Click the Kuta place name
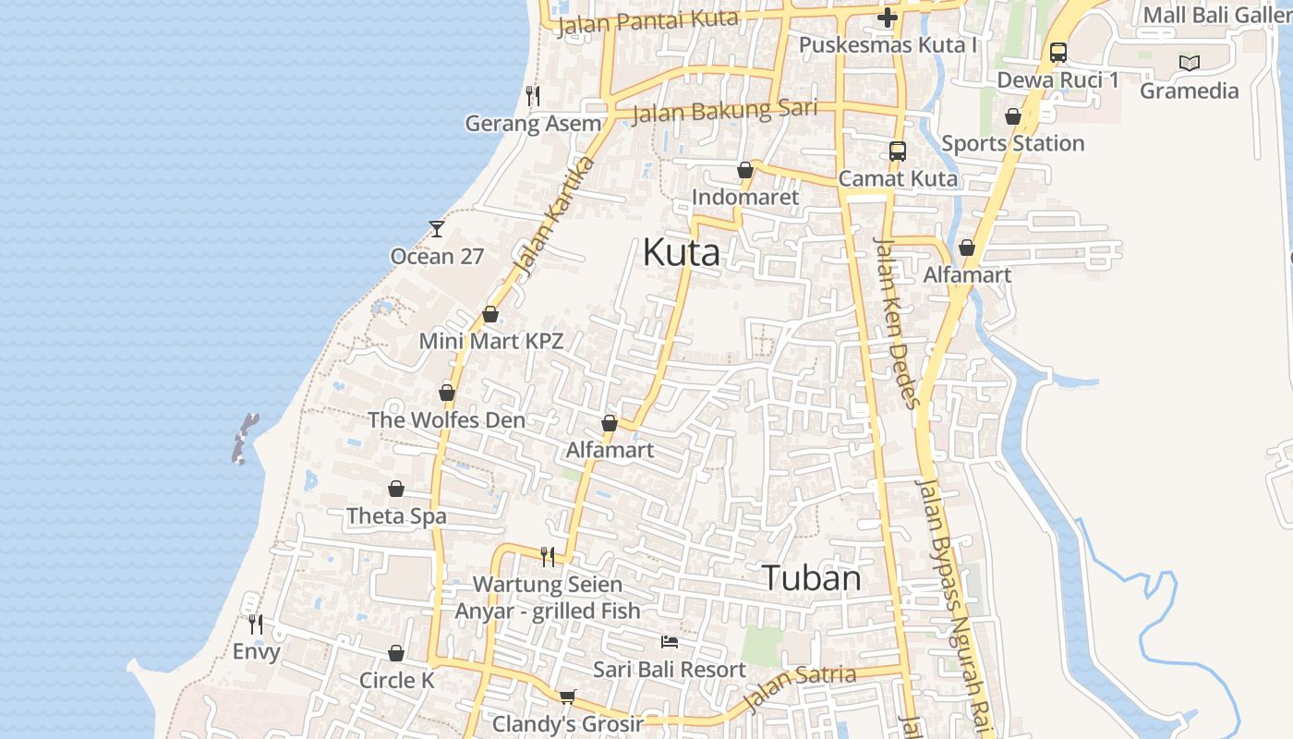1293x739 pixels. click(x=681, y=252)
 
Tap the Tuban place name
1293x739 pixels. click(x=812, y=578)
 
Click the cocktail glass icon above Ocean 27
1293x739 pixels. click(x=437, y=228)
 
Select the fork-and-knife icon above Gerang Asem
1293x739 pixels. click(x=533, y=95)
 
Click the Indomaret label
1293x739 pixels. click(x=744, y=198)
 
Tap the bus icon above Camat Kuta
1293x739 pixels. click(x=897, y=151)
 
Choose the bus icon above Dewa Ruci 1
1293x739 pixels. click(x=1057, y=53)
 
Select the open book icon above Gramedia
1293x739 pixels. click(x=1190, y=64)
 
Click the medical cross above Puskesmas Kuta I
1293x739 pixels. click(x=887, y=18)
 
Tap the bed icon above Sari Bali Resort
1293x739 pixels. click(x=670, y=642)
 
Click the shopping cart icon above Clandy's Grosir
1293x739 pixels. click(x=567, y=697)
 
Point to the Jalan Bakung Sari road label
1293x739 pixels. click(x=725, y=111)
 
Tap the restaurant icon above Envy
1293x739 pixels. click(x=256, y=624)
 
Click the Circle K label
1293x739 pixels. click(x=396, y=681)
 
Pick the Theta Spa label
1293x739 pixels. click(x=396, y=516)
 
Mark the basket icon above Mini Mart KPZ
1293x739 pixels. click(x=490, y=314)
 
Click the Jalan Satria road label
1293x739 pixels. click(x=800, y=686)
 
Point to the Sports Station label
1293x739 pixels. click(x=1012, y=143)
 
